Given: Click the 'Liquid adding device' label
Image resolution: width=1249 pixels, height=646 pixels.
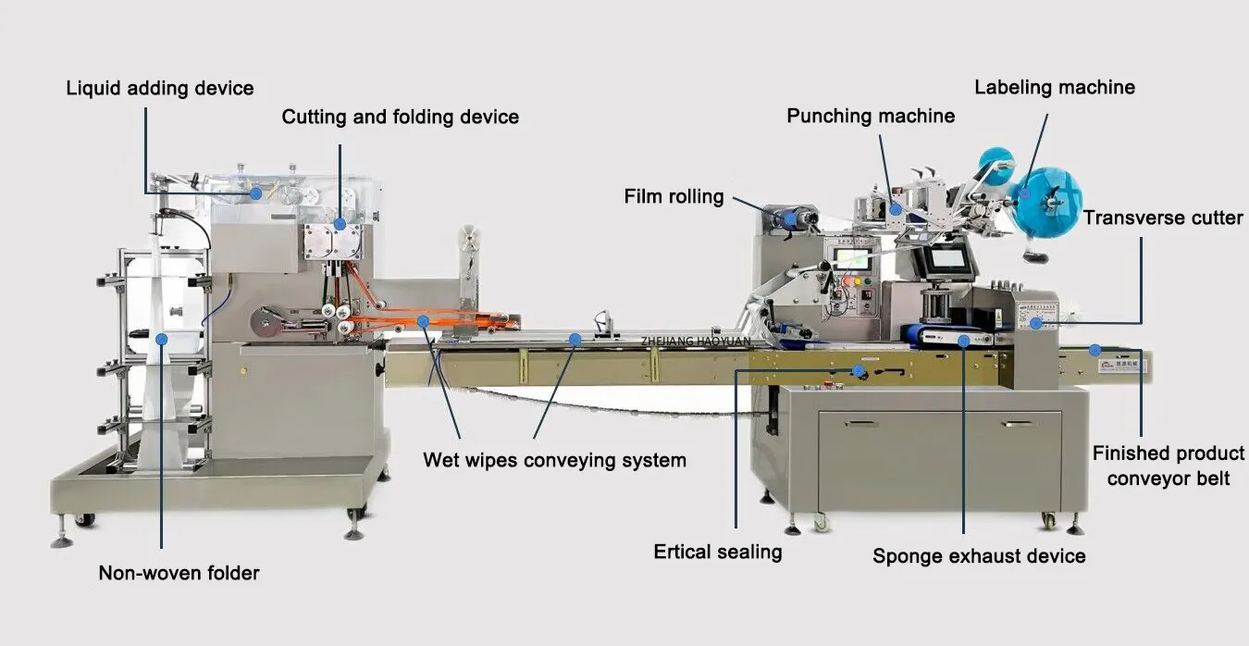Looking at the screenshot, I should (x=159, y=89).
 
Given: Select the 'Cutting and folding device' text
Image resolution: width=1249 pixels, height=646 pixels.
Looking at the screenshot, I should (x=400, y=117).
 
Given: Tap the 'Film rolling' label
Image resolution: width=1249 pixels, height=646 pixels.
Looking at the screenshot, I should (x=674, y=196).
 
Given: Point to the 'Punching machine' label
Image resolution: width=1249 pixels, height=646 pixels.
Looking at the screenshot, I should (x=871, y=116).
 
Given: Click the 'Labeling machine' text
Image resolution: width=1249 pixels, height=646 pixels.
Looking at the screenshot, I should (x=1054, y=87).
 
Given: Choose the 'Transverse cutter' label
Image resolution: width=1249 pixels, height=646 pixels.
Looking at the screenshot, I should (x=1163, y=218).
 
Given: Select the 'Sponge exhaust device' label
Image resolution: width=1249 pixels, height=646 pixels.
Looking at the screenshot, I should (x=979, y=556).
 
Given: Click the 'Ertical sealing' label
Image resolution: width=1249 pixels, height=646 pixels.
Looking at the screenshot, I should (x=717, y=553).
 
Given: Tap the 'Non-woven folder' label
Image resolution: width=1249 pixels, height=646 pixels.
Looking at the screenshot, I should (x=179, y=573).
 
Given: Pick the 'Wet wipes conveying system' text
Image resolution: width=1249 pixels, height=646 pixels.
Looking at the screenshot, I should (x=554, y=460).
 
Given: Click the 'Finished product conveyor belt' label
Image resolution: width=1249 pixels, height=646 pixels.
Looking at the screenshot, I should (x=1168, y=466).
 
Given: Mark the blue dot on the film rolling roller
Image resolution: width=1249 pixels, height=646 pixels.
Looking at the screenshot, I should (x=792, y=219).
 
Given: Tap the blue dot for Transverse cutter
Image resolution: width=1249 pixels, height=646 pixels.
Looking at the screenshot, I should (x=1037, y=323).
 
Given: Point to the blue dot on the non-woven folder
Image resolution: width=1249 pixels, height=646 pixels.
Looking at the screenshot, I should (x=161, y=340).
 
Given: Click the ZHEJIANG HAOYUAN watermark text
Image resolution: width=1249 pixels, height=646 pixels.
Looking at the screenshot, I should (x=696, y=342).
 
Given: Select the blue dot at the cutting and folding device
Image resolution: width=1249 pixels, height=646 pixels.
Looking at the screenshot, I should (x=340, y=224).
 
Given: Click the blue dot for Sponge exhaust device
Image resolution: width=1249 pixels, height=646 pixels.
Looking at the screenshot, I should (x=963, y=341).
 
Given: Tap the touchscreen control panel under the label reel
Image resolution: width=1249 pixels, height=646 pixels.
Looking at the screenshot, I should (x=951, y=261).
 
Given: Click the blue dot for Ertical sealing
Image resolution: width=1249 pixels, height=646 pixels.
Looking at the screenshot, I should (x=859, y=371).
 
